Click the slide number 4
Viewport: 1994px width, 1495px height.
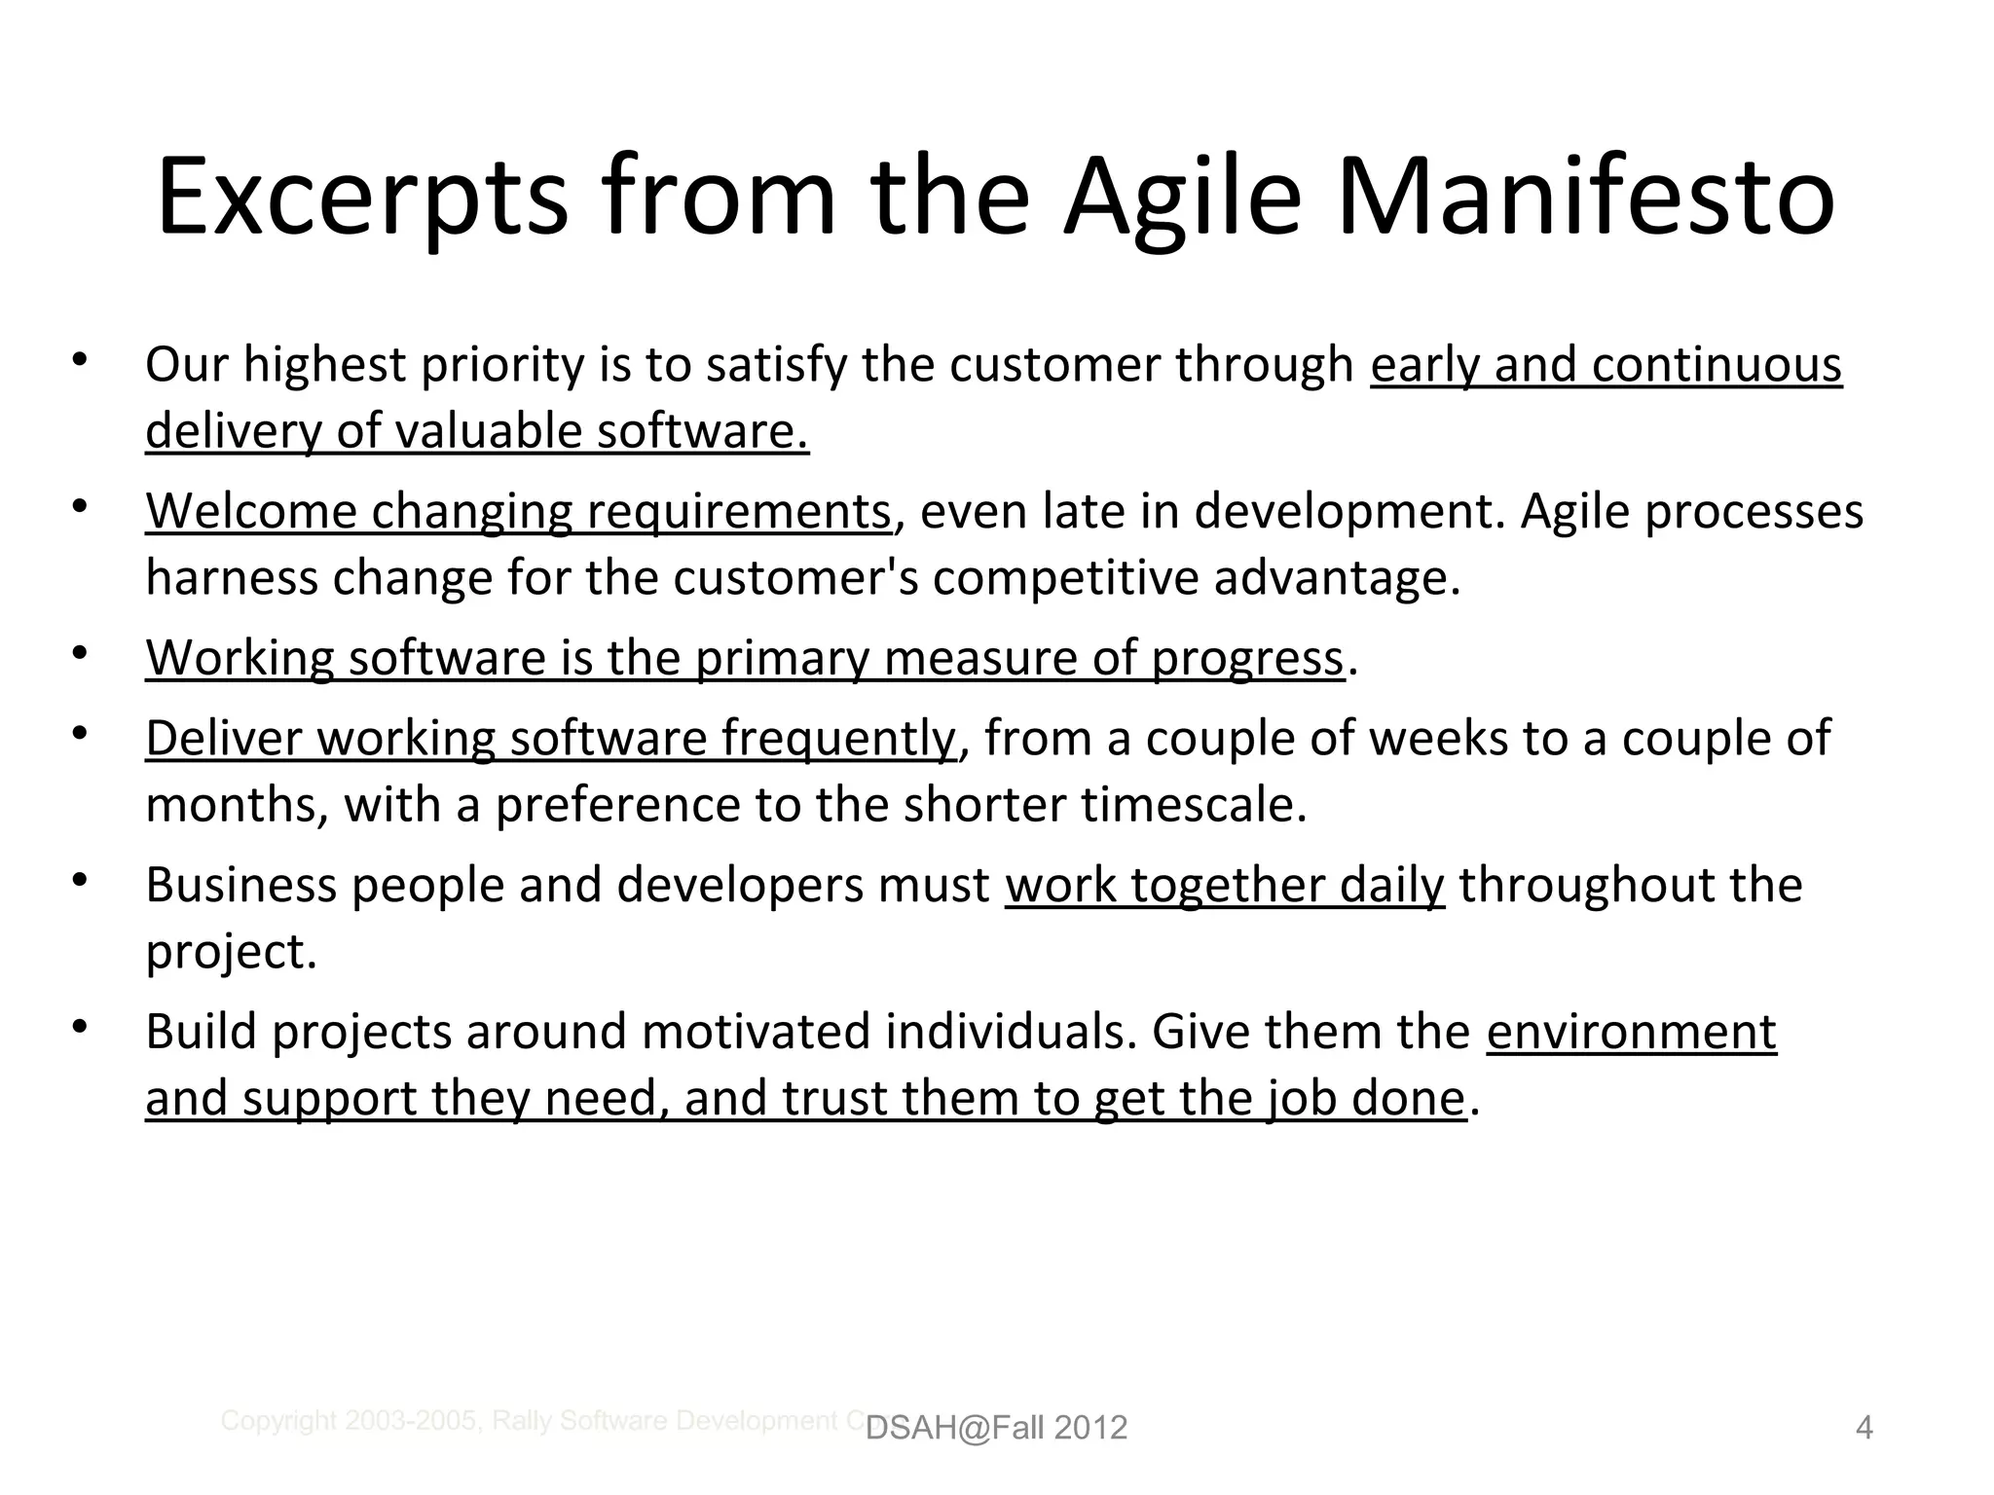[x=1864, y=1428]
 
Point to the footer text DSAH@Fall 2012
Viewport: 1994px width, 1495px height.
[x=996, y=1428]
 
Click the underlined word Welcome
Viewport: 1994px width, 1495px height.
[x=251, y=511]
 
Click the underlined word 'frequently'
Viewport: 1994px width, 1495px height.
[x=838, y=738]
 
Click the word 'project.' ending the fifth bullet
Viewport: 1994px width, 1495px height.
[x=232, y=952]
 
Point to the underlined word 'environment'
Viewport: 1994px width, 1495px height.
[x=1631, y=1032]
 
